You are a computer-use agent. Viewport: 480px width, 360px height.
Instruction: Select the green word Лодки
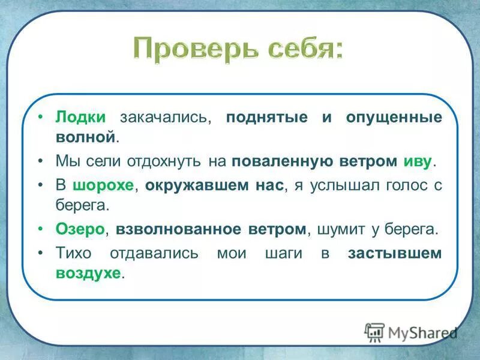(80, 118)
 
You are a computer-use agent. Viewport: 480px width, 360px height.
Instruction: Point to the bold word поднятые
(268, 118)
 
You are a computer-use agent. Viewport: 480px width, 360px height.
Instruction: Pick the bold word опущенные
(394, 118)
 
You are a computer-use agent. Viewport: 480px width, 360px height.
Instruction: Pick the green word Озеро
(80, 229)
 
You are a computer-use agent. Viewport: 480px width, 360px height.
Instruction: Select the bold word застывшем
(394, 253)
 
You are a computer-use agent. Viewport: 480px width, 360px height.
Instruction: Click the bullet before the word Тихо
(41, 253)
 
